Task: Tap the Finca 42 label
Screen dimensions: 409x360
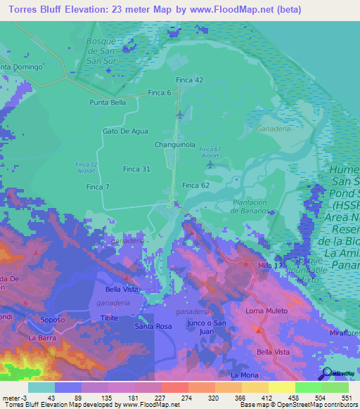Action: (x=189, y=80)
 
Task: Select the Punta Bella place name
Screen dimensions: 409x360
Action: (x=108, y=103)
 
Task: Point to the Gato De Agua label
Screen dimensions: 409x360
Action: (x=125, y=131)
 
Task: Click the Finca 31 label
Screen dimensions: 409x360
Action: (x=136, y=169)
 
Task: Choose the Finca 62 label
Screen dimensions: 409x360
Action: (x=195, y=185)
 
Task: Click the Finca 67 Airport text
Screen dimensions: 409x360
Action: (x=210, y=152)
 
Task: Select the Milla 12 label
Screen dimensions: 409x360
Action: (x=270, y=266)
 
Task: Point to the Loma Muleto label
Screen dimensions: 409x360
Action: (x=264, y=311)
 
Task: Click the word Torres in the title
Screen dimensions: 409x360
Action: (x=25, y=10)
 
